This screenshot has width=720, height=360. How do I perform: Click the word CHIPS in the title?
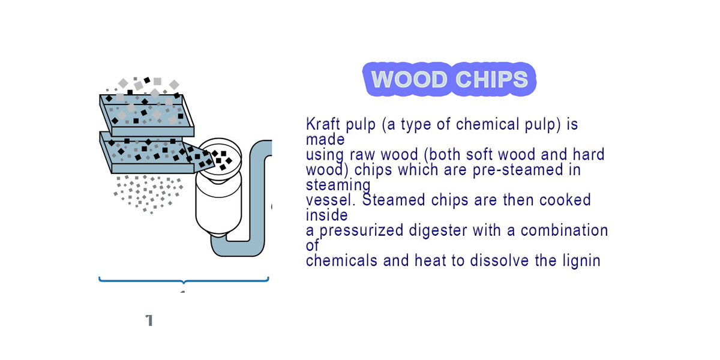492,79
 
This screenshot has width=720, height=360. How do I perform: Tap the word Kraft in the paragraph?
323,124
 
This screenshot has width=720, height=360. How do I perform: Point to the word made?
325,139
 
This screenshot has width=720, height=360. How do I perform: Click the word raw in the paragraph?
362,155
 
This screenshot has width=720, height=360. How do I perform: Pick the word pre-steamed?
518,170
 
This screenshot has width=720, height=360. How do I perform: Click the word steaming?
338,185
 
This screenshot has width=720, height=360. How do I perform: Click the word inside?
326,215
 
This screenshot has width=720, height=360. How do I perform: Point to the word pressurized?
361,231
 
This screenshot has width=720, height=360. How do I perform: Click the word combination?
564,230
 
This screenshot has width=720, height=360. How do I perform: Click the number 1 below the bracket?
149,320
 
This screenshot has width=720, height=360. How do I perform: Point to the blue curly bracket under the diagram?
184,281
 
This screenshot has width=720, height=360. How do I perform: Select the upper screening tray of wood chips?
146,115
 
